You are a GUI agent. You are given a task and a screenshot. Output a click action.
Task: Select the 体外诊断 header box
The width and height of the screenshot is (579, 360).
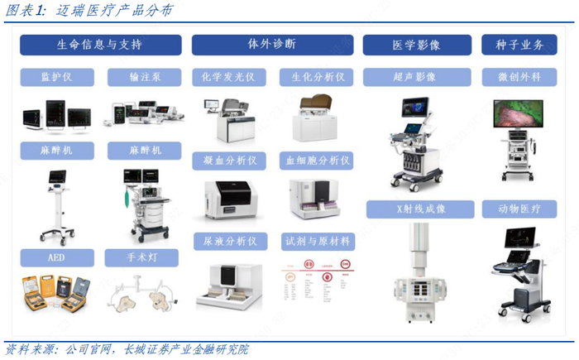point(273,44)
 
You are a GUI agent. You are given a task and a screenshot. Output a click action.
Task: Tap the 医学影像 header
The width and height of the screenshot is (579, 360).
point(419,45)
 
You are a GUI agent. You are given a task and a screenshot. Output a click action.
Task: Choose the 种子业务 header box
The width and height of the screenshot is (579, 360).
point(519,45)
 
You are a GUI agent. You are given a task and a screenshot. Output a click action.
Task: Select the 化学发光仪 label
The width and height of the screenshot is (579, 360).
point(228,77)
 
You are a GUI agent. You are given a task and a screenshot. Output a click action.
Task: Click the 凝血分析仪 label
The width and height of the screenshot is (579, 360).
point(229,159)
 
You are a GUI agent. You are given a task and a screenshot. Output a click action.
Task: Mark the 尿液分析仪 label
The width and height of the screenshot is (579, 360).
point(229,241)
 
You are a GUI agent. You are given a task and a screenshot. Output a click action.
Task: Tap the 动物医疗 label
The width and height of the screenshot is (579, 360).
point(519,209)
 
